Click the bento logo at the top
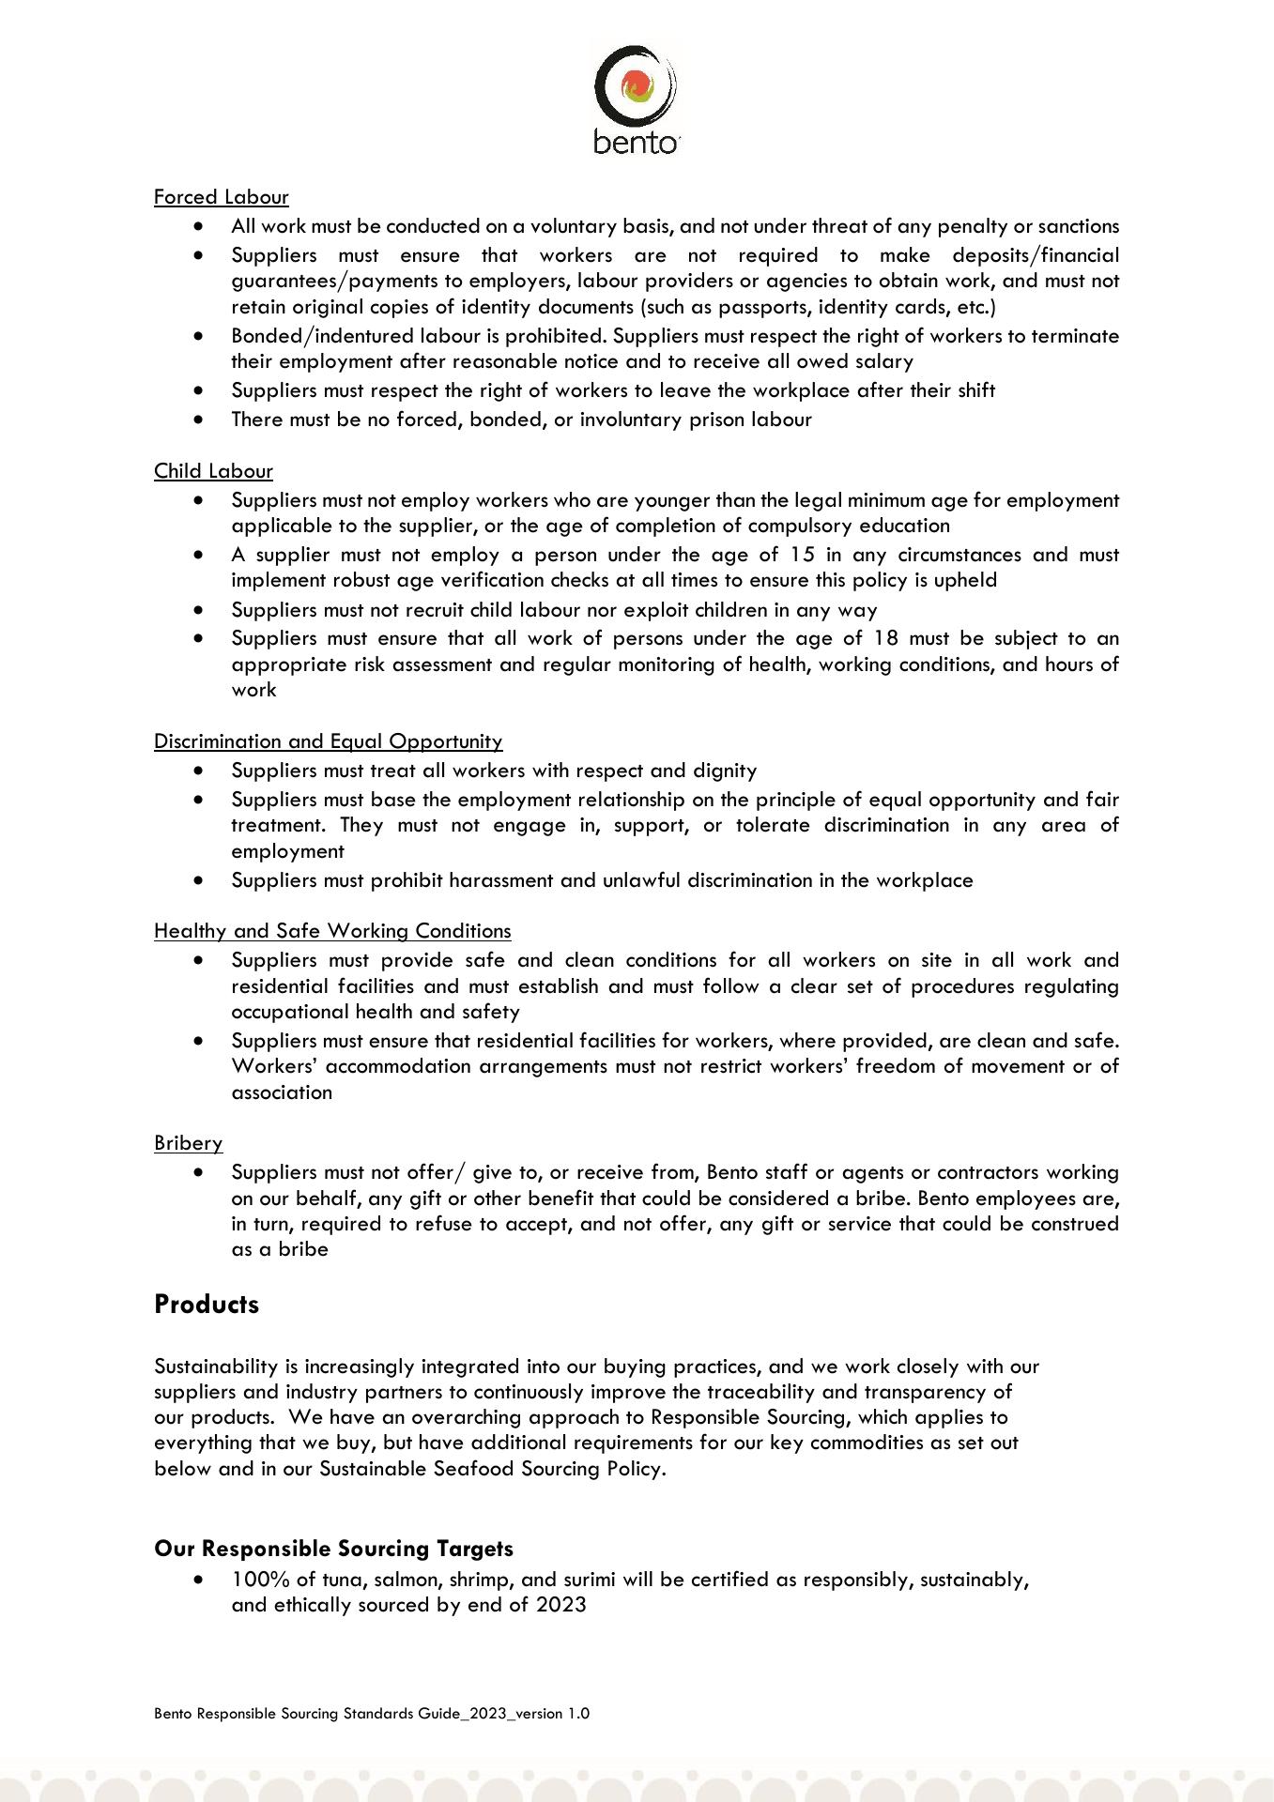[636, 99]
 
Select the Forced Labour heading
[221, 197]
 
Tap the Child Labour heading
[213, 471]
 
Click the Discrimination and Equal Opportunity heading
[328, 741]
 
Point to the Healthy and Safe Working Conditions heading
[332, 931]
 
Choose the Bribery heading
[188, 1143]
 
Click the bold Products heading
[207, 1305]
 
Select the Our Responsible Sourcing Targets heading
[333, 1548]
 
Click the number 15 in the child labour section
[803, 555]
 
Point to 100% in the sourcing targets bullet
[257, 1580]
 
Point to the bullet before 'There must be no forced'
[197, 420]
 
